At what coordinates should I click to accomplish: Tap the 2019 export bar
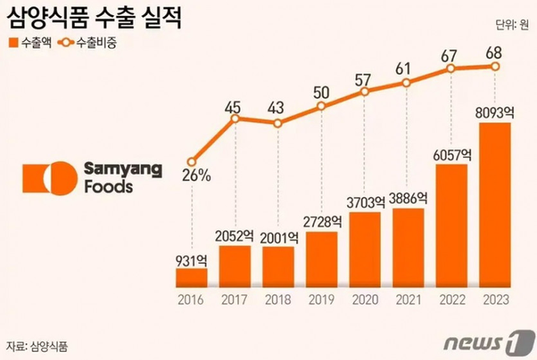point(322,258)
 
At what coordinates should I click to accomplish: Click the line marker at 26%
point(192,162)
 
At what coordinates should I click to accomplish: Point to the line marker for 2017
point(236,118)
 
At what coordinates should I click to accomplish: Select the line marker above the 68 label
point(495,66)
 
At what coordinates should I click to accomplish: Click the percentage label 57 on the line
point(363,80)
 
